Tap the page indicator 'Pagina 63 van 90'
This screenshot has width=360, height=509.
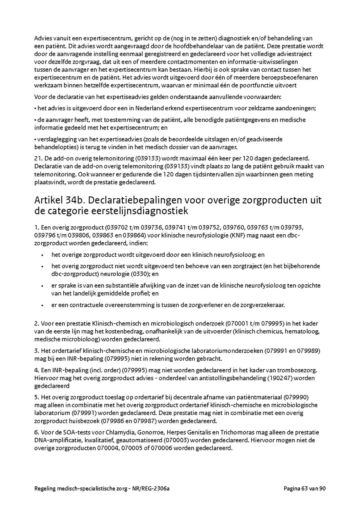point(305,488)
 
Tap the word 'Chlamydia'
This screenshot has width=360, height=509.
point(119,432)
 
